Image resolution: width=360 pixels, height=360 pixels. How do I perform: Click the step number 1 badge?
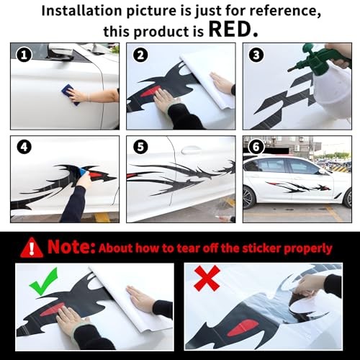(24, 55)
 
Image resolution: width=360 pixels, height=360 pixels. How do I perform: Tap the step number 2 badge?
(140, 55)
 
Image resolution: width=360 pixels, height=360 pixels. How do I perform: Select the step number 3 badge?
(256, 55)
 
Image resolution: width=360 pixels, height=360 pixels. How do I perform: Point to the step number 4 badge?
(24, 147)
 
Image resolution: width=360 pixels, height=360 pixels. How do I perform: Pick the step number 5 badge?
(140, 147)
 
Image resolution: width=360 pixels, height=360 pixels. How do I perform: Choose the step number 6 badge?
(256, 147)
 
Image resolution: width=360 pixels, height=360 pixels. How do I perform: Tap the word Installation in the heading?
(82, 11)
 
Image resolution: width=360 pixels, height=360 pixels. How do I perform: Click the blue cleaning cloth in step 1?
(70, 94)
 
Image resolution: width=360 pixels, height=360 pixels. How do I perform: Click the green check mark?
(44, 281)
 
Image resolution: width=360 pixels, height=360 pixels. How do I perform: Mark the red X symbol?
(207, 278)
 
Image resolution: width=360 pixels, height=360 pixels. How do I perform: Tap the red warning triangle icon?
(32, 248)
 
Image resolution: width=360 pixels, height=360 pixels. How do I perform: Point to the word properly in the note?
(308, 249)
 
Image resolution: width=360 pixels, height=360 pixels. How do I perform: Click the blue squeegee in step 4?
(84, 171)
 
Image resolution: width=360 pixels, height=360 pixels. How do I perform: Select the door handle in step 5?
(192, 150)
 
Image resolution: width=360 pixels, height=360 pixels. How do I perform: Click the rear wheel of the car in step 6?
(248, 197)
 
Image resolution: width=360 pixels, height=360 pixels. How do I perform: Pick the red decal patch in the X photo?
(243, 328)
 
